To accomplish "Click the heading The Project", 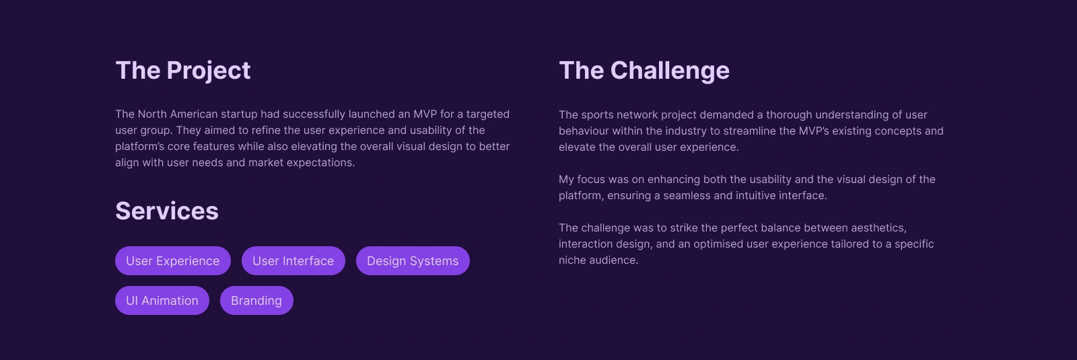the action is pos(182,71).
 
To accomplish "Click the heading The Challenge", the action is pos(644,71).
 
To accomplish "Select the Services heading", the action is pos(167,211).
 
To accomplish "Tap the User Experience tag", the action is pos(172,261).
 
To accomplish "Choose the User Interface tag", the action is pos(293,261).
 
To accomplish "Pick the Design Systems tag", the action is pos(413,261).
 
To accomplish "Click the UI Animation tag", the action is pos(162,300).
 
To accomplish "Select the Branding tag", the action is pos(256,300).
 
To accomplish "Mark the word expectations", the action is pos(320,163).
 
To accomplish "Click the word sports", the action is pos(596,115).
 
